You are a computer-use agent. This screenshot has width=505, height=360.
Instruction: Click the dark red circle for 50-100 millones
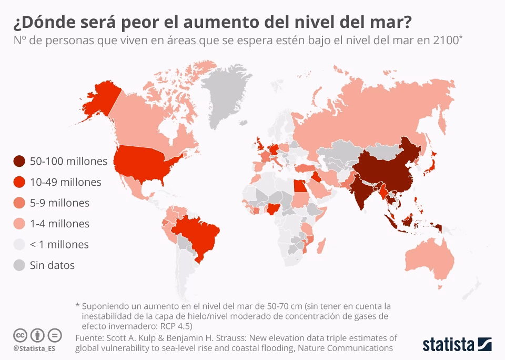coord(19,161)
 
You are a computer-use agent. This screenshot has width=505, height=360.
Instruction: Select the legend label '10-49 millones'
coord(66,182)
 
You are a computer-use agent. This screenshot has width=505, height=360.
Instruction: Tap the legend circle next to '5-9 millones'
coord(19,203)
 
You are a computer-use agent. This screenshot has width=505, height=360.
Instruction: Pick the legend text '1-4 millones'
coord(59,224)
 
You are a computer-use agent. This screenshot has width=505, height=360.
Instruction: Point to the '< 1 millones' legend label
coord(59,244)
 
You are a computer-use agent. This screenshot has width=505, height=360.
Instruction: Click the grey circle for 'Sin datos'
coord(19,265)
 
